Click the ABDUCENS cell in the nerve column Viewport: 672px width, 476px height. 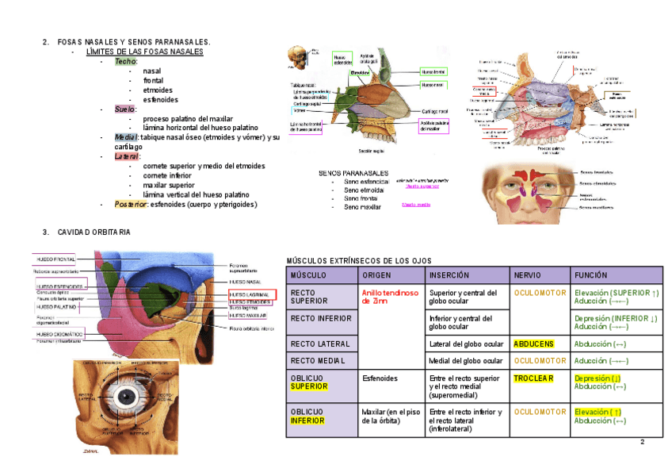coord(533,344)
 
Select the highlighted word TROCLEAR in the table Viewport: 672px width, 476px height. coord(533,378)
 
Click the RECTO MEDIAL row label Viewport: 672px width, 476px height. coord(316,361)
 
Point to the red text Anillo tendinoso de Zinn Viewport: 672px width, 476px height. coord(389,297)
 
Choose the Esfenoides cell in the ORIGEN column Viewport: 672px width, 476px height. coord(380,378)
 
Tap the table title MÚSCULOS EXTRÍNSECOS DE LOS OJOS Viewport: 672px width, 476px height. coord(358,260)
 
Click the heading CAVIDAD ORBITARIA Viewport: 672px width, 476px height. coord(94,232)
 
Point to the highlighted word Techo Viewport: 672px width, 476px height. coord(125,61)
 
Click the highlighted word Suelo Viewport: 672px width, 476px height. coord(125,109)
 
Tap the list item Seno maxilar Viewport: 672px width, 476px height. coord(362,207)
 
